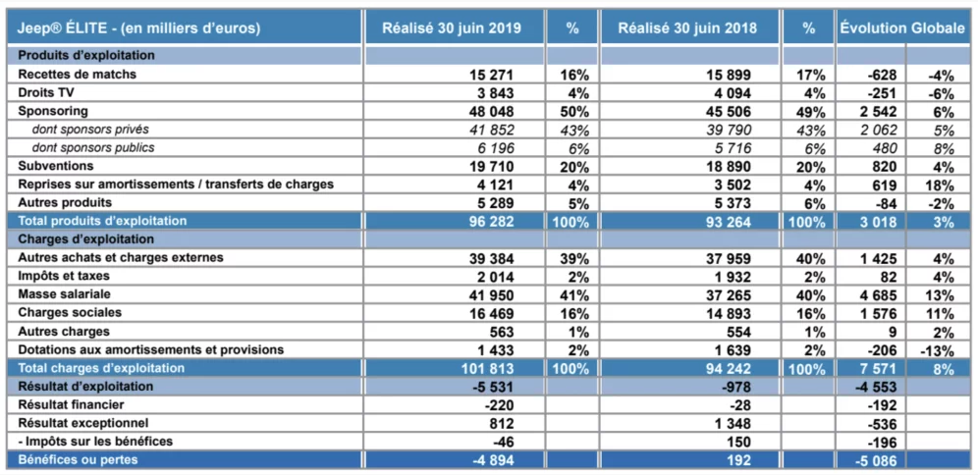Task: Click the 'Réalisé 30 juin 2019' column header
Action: pos(452,28)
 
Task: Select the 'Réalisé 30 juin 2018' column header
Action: pos(686,28)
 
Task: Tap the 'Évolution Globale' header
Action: pos(901,28)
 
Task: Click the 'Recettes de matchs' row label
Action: pos(78,74)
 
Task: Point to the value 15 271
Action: pos(491,75)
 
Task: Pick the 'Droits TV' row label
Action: pos(47,92)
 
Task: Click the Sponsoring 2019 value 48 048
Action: pos(491,111)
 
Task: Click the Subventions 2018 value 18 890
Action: pos(727,166)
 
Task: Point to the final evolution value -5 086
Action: pos(872,460)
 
